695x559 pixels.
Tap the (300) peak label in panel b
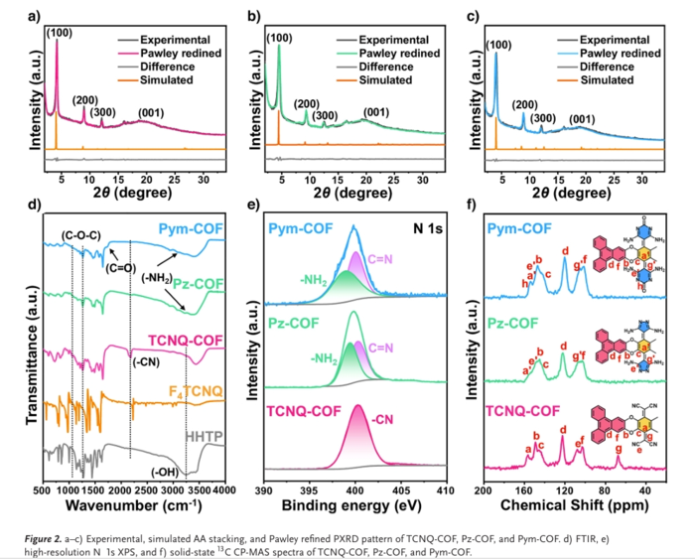(325, 115)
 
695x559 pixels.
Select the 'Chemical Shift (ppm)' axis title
(574, 507)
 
